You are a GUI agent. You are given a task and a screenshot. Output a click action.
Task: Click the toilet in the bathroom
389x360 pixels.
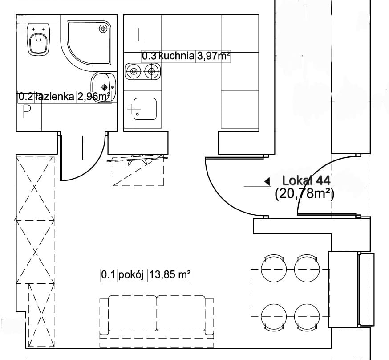(38, 40)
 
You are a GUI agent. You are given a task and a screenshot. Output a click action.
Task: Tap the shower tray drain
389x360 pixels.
(103, 29)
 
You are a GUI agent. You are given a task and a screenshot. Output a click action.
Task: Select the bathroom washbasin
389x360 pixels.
(103, 87)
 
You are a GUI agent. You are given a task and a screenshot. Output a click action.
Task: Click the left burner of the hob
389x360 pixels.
(134, 71)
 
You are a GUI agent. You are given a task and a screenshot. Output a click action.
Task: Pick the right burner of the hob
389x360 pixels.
(151, 71)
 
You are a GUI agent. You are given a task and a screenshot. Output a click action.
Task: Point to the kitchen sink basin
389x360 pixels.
(145, 109)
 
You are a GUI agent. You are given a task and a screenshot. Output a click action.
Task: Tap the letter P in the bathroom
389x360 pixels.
(27, 111)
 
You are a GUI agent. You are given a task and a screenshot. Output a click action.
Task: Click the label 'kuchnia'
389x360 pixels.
(176, 56)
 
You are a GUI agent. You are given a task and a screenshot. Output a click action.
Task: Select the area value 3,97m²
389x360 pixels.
(213, 56)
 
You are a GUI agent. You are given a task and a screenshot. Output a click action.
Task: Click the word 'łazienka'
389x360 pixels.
(55, 96)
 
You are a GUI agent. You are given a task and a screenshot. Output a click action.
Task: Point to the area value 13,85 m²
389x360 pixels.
(170, 275)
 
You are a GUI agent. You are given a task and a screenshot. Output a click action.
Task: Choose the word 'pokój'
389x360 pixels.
(131, 275)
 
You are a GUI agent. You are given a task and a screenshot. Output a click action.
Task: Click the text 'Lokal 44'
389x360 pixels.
(306, 180)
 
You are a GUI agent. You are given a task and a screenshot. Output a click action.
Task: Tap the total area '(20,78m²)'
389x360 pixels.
(304, 194)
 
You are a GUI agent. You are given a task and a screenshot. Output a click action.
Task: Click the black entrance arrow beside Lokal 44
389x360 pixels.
(267, 181)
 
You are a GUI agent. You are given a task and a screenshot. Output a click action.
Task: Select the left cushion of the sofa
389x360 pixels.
(133, 313)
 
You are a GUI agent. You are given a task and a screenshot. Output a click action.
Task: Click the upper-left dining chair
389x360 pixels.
(274, 268)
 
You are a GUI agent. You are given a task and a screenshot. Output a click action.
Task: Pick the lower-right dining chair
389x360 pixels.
(307, 318)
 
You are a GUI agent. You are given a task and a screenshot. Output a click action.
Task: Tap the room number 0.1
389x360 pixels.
(108, 275)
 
